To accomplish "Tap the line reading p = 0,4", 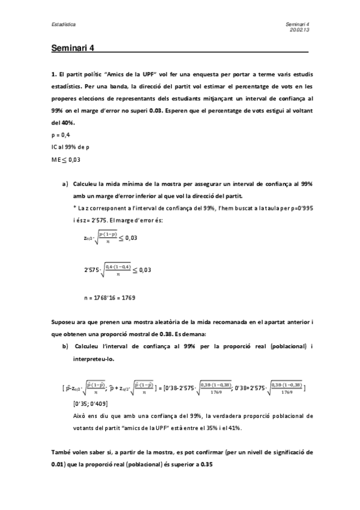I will coord(61,135).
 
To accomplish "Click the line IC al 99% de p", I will coord(72,147).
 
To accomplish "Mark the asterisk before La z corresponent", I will coord(73,207).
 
